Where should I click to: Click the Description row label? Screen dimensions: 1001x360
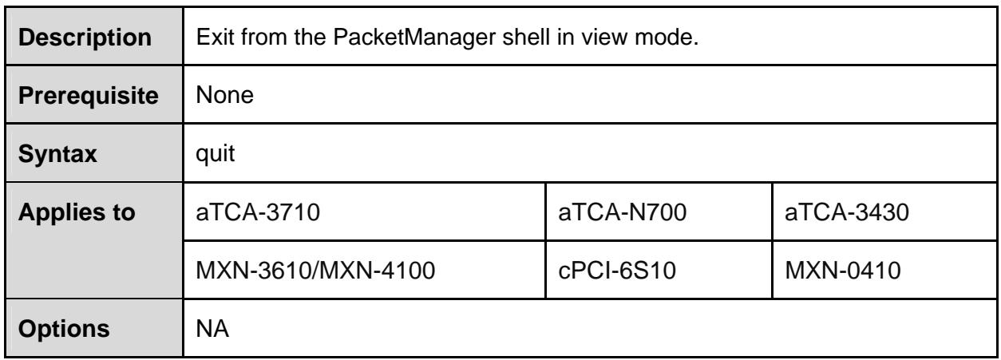coord(85,38)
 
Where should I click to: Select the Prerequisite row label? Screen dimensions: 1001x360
coord(89,96)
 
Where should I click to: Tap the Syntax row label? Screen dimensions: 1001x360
coord(57,155)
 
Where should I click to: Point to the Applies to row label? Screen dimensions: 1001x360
coord(77,212)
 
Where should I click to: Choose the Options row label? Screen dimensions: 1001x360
coord(64,329)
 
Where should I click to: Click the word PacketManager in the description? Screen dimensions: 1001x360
coord(414,37)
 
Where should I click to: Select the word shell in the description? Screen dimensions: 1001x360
coord(526,37)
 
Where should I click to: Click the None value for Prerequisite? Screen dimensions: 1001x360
coord(225,95)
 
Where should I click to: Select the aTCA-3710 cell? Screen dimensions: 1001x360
coord(258,212)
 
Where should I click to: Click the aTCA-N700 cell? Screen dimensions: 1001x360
coord(623,212)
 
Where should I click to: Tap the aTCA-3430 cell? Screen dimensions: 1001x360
coord(847,212)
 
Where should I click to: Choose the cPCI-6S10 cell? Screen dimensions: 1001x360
coord(617,271)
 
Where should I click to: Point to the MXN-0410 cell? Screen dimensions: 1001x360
coord(843,271)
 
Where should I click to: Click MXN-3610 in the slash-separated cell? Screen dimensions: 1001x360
coord(254,271)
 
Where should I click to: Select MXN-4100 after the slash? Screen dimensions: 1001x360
coord(378,271)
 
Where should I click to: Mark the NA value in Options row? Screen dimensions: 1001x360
coord(212,329)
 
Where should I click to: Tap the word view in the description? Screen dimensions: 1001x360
coord(604,37)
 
